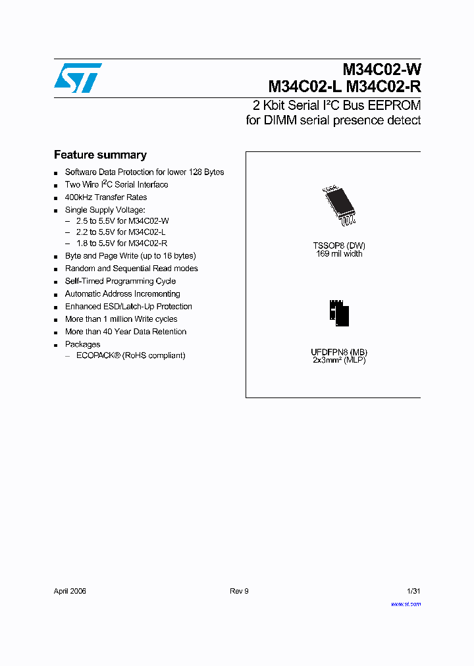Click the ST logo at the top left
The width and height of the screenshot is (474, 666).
(x=78, y=78)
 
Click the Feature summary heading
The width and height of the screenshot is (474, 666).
(x=100, y=155)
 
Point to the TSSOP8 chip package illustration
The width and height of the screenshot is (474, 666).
(x=337, y=205)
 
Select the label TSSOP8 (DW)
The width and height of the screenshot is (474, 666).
(x=339, y=245)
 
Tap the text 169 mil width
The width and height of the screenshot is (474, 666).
(x=339, y=254)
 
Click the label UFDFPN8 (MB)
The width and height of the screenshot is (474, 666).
(x=339, y=352)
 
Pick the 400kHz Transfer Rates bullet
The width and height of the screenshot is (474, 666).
(x=106, y=197)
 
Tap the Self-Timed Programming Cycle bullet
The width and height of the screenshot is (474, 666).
(x=120, y=281)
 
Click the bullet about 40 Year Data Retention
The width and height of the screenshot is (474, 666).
(x=126, y=332)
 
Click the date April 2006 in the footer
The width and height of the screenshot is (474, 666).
(x=70, y=591)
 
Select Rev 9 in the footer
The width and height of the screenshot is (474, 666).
(x=239, y=591)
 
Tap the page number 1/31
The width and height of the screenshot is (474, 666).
(x=413, y=591)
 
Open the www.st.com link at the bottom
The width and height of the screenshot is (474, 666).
(x=406, y=604)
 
